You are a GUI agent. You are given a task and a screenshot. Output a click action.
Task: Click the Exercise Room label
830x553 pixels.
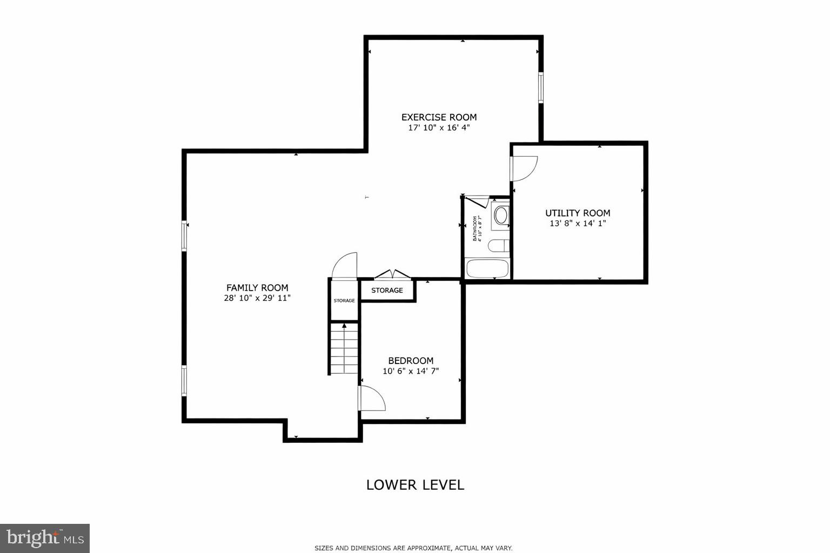439,117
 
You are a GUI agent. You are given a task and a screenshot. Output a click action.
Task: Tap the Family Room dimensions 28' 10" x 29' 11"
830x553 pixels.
257,298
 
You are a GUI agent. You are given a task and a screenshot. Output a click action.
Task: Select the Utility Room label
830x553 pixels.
578,213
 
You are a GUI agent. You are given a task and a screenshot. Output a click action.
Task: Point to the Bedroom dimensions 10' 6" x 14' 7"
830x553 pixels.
411,371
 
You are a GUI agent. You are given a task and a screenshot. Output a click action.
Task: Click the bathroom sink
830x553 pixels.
501,215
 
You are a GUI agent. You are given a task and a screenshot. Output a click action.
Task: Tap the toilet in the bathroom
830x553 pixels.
498,246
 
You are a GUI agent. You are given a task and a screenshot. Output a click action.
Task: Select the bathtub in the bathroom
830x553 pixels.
487,268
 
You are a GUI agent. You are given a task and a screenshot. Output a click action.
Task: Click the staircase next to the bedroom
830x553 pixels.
344,348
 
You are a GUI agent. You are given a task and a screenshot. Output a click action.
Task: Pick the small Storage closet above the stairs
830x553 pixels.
344,300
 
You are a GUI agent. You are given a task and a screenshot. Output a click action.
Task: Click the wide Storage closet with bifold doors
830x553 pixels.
387,291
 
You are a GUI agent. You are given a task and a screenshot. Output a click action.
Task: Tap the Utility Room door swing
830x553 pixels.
523,168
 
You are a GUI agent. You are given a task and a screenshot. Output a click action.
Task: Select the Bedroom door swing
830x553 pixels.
371,399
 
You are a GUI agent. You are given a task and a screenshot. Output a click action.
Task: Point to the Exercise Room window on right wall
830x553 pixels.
540,88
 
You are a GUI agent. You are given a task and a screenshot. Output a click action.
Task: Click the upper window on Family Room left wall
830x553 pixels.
184,236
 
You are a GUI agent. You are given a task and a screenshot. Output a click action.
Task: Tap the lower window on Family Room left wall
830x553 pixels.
184,381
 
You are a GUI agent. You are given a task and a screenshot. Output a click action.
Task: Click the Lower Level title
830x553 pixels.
415,485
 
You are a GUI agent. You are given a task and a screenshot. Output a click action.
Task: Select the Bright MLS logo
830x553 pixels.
45,538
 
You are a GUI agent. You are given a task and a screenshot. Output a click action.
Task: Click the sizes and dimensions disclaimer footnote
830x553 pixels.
413,548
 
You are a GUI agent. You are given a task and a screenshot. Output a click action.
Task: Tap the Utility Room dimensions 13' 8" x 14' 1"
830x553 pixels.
578,224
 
